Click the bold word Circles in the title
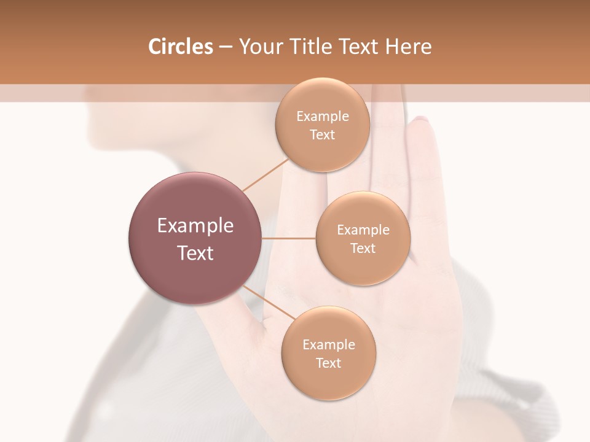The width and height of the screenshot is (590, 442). (181, 47)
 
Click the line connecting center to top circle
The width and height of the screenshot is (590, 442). (265, 174)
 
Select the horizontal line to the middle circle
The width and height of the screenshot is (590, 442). (289, 238)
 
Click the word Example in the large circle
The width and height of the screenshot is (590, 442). (195, 226)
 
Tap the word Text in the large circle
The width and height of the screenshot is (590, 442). (195, 252)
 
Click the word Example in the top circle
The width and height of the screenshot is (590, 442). (323, 117)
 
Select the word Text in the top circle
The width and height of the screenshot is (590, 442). (322, 134)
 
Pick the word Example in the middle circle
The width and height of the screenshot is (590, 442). (363, 230)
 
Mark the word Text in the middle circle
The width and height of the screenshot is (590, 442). (363, 248)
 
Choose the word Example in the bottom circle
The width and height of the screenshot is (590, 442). (329, 345)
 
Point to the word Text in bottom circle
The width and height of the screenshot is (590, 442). (328, 363)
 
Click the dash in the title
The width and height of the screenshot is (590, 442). (226, 47)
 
